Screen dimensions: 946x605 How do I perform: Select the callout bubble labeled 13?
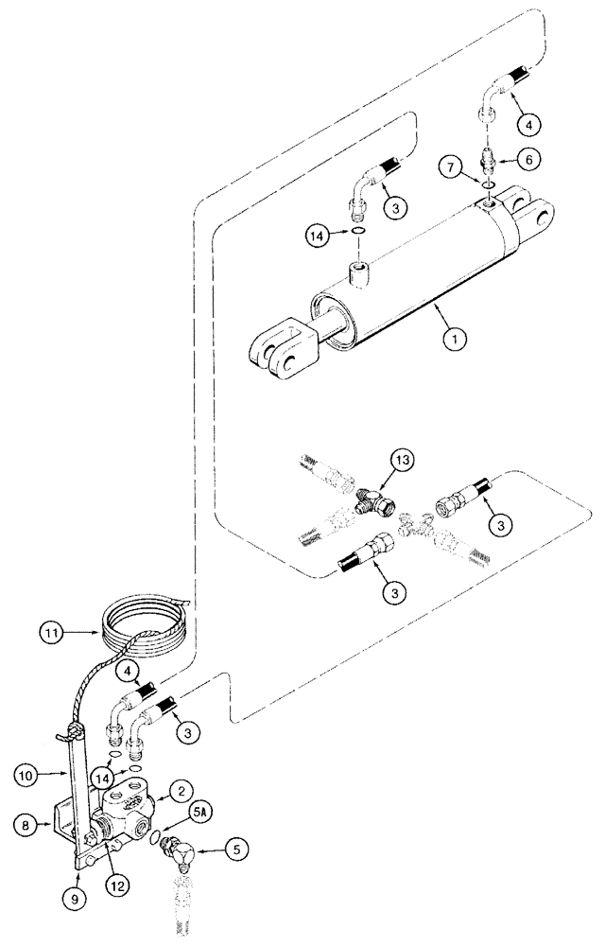coord(404,463)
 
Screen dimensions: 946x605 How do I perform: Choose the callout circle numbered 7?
coord(450,168)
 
